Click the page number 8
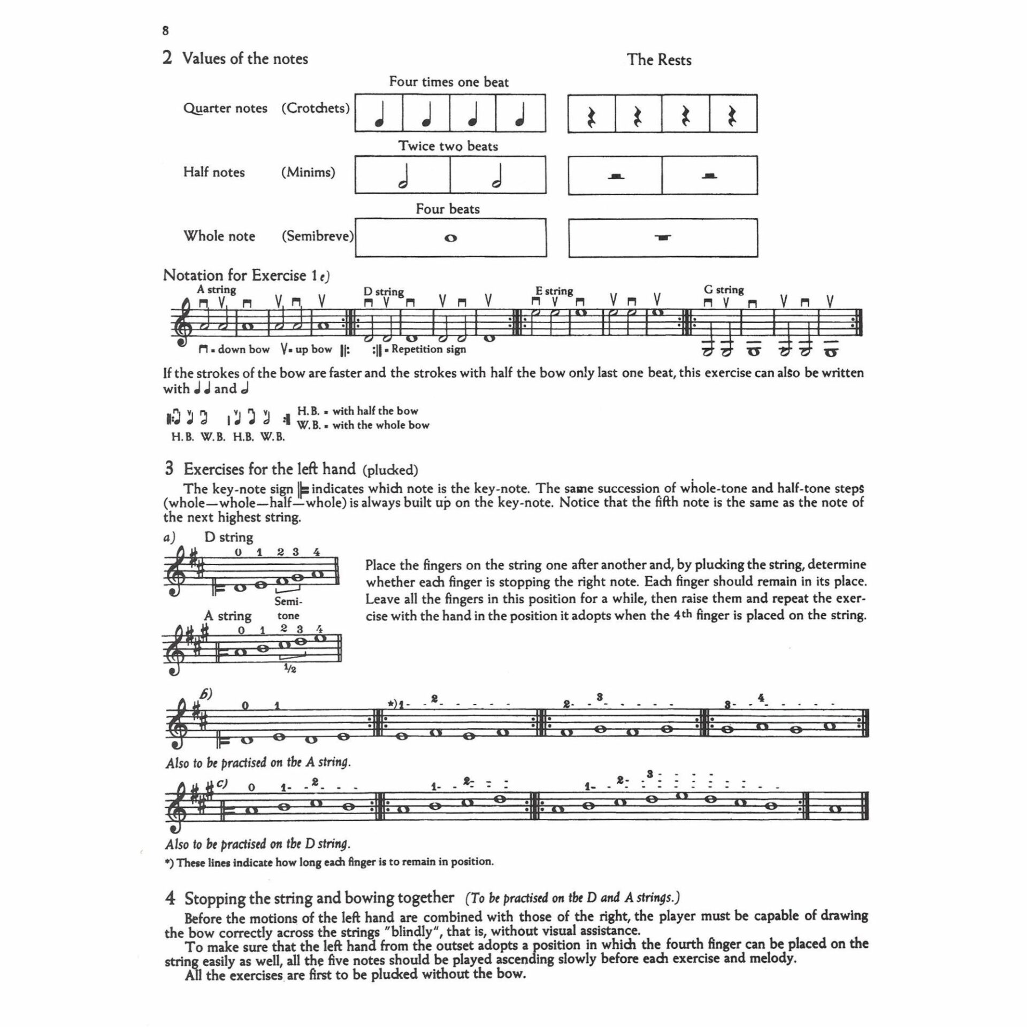[x=165, y=31]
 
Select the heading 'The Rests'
[x=659, y=60]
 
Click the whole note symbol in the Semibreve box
[x=450, y=239]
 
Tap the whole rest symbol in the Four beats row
[x=663, y=238]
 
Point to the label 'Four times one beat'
[x=449, y=82]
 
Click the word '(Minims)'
[x=308, y=172]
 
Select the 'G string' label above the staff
[x=724, y=290]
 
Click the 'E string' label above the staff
[x=554, y=291]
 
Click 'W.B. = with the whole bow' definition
[x=363, y=425]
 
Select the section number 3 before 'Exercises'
[x=169, y=469]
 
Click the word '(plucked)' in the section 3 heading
[x=390, y=470]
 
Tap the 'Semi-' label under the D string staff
[x=288, y=601]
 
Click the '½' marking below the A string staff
[x=289, y=669]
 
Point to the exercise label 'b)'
[x=206, y=694]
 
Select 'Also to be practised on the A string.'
[x=258, y=762]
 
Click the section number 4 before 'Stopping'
[x=170, y=898]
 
